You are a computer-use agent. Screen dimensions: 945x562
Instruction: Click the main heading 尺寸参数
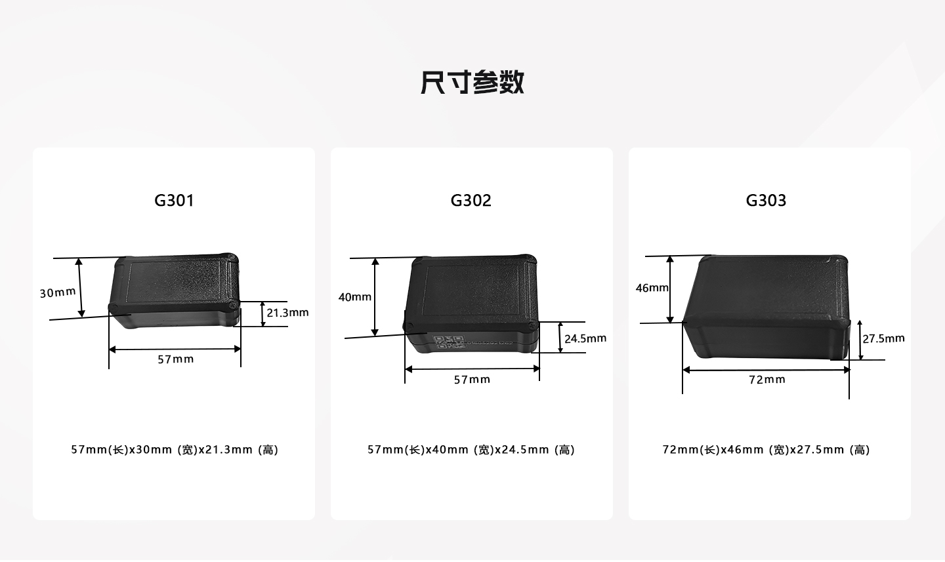[472, 82]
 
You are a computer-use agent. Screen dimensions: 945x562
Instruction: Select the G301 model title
[175, 200]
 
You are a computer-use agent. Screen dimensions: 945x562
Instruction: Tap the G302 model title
[471, 200]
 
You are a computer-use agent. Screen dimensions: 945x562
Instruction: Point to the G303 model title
[766, 200]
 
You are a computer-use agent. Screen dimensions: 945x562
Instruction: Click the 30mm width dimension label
[58, 292]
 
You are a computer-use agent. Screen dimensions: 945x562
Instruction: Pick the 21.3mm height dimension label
[287, 313]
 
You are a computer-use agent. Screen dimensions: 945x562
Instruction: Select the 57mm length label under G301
[175, 359]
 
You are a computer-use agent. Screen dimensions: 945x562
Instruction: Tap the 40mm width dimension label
[355, 297]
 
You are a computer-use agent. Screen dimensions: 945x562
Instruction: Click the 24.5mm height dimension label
[585, 338]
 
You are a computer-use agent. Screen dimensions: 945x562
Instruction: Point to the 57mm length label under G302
[472, 380]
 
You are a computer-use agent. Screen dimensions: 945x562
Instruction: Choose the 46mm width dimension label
[652, 288]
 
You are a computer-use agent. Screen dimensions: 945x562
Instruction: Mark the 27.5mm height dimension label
[883, 338]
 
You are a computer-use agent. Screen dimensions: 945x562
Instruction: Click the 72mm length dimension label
[767, 380]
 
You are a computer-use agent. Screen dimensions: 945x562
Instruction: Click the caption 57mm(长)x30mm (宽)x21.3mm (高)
[175, 450]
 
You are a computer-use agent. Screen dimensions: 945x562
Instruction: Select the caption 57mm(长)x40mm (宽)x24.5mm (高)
[471, 450]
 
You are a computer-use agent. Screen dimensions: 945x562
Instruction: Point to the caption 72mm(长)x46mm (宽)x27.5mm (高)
[766, 450]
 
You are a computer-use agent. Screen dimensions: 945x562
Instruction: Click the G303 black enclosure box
[766, 307]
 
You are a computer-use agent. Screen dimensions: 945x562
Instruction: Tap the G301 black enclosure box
[175, 291]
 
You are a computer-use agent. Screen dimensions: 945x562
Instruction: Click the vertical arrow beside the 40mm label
[375, 297]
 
